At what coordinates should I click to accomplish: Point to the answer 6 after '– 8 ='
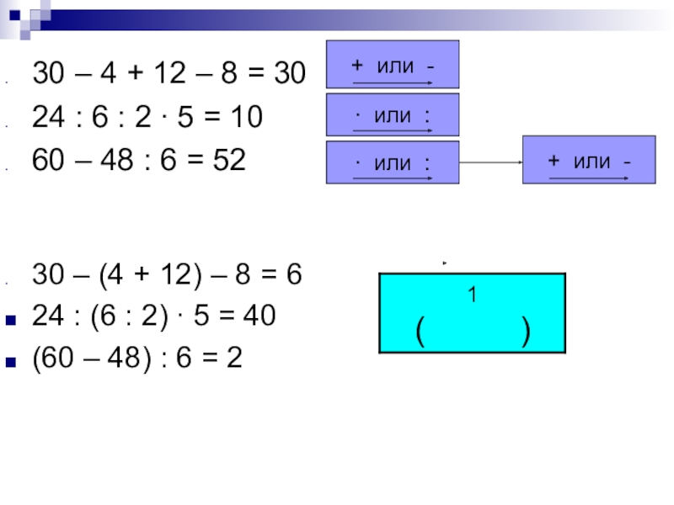[294, 276]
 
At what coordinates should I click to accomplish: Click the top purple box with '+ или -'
[393, 64]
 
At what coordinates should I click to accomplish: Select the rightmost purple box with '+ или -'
[589, 159]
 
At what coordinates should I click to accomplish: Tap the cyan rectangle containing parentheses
[472, 312]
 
